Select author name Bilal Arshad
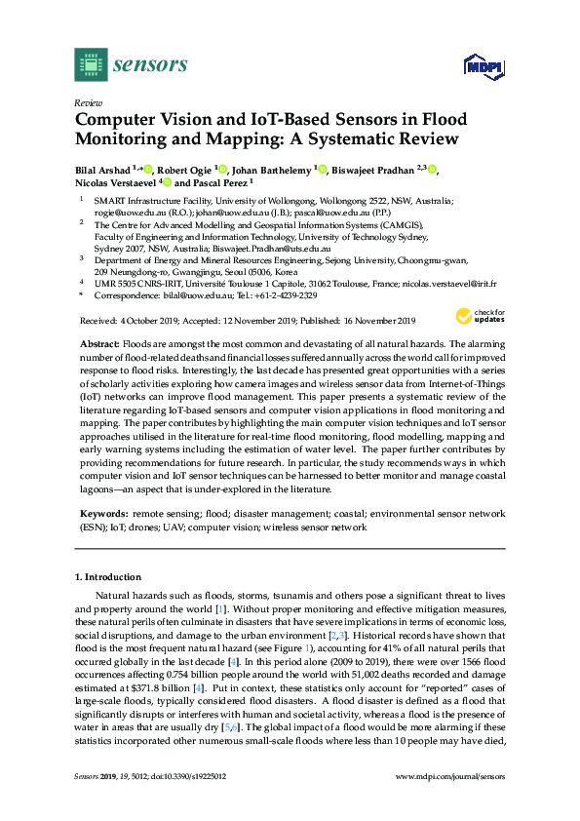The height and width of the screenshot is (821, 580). click(103, 170)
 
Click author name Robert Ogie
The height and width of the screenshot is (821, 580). click(185, 170)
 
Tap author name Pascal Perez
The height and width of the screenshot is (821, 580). click(219, 182)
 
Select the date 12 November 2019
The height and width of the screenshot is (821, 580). click(264, 321)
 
